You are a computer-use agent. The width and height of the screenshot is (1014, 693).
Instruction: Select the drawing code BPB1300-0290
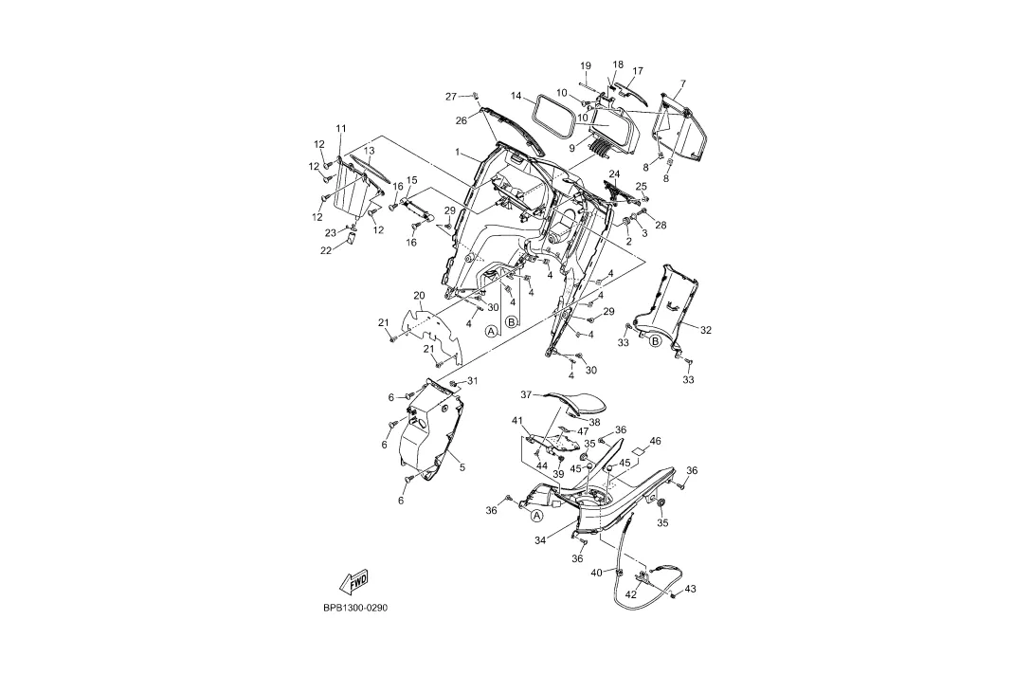pyautogui.click(x=355, y=609)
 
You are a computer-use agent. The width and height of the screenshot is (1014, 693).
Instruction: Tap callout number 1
pyautogui.click(x=457, y=153)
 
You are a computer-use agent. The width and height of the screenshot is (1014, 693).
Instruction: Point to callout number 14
pyautogui.click(x=516, y=96)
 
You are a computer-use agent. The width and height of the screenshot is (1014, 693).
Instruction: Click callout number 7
pyautogui.click(x=683, y=83)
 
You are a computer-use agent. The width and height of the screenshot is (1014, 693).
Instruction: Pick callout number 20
pyautogui.click(x=419, y=296)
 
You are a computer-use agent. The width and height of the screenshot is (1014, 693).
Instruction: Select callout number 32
pyautogui.click(x=706, y=330)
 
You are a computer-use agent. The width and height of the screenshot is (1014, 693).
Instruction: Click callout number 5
pyautogui.click(x=462, y=466)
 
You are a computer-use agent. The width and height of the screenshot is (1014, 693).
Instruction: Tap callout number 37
pyautogui.click(x=526, y=394)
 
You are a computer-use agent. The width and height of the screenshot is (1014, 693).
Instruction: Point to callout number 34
pyautogui.click(x=540, y=539)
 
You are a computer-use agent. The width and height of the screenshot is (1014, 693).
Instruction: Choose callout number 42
pyautogui.click(x=631, y=594)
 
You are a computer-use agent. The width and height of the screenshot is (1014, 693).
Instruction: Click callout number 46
pyautogui.click(x=656, y=441)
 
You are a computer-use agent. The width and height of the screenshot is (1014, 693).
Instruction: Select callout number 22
pyautogui.click(x=327, y=250)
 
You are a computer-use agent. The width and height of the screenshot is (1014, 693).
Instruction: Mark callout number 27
pyautogui.click(x=451, y=97)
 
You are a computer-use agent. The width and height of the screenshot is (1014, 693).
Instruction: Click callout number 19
pyautogui.click(x=586, y=65)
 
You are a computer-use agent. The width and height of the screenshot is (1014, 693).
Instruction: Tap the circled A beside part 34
pyautogui.click(x=536, y=516)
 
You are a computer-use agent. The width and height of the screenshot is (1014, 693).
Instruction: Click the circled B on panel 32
pyautogui.click(x=655, y=341)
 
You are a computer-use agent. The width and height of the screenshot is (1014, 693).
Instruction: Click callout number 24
pyautogui.click(x=614, y=174)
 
